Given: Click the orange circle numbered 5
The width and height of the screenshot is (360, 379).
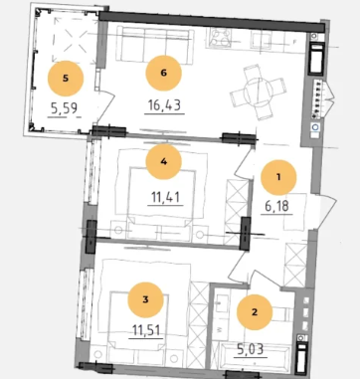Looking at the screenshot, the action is click(x=66, y=79).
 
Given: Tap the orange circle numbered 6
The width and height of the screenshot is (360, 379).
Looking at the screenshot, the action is click(x=163, y=73).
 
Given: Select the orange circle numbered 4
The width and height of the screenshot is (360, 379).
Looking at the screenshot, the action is click(x=163, y=161).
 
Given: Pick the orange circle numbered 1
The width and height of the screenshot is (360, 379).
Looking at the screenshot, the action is click(x=278, y=177).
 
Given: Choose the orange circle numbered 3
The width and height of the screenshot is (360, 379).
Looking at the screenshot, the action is click(x=145, y=299).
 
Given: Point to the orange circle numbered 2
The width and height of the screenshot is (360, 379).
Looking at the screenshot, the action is click(x=255, y=312).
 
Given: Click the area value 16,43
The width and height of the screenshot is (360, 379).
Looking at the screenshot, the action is click(x=164, y=105).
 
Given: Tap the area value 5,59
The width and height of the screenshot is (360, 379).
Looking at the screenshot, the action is click(x=65, y=108).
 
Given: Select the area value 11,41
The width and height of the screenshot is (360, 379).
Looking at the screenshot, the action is click(x=165, y=198).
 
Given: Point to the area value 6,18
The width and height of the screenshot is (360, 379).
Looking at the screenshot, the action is click(x=276, y=206).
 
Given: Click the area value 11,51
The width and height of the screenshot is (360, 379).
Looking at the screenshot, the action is click(x=146, y=330).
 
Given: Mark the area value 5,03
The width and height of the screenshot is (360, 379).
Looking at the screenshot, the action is click(x=251, y=349).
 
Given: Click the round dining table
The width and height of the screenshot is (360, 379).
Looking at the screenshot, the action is click(x=258, y=92).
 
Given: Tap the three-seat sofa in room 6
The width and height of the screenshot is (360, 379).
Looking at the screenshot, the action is click(x=154, y=45).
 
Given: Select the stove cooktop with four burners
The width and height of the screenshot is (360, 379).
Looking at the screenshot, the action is click(x=220, y=37).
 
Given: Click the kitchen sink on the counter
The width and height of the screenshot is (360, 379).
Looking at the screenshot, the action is click(x=261, y=40).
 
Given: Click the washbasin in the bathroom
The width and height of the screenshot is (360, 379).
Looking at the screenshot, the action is click(x=222, y=303).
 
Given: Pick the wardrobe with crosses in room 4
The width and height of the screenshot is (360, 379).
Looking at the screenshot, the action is click(x=237, y=212).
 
